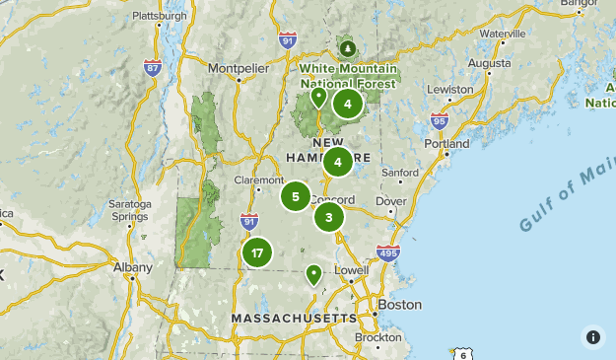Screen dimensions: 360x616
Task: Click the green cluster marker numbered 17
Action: pos(257,253)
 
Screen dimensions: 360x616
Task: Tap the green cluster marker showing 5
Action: pos(296,196)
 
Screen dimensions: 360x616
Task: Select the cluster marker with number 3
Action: pos(329,217)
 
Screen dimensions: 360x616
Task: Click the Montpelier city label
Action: pos(237,68)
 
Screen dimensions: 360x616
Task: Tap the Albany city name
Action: pos(133,267)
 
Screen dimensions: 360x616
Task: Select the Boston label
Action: pos(400,305)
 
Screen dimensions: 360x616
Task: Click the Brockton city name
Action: pos(378,337)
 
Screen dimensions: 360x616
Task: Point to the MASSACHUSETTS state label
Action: pos(294,319)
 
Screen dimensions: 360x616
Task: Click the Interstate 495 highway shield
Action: pos(388,252)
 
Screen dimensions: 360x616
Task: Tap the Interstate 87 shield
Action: pos(153,67)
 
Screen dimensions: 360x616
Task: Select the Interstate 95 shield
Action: pos(440,121)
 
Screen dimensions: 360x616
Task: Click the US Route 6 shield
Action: pos(462,353)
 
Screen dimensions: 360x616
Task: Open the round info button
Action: pos(593,337)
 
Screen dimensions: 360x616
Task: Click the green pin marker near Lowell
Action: pos(314,274)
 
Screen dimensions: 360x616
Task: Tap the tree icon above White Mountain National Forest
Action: pos(347,46)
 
